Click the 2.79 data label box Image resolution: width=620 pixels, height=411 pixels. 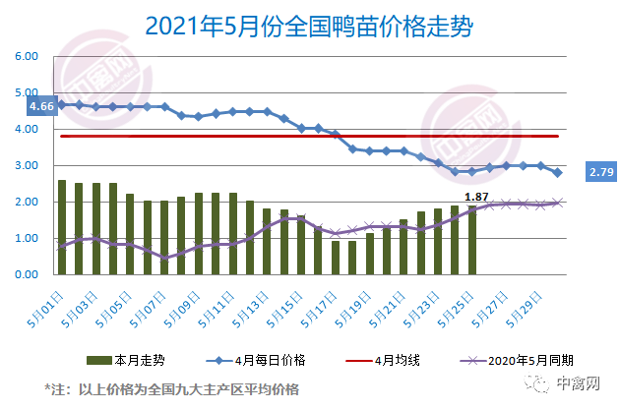coord(601,173)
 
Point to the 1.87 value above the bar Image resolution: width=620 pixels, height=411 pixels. coord(476,197)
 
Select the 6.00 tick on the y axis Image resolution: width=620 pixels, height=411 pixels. coord(25,57)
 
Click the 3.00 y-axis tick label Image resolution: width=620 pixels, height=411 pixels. coord(25,166)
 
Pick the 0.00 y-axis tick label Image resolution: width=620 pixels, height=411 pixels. coord(25,275)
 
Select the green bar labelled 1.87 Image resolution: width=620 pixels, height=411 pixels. coord(471,241)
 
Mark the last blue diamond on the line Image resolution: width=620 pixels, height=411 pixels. coord(557,173)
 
